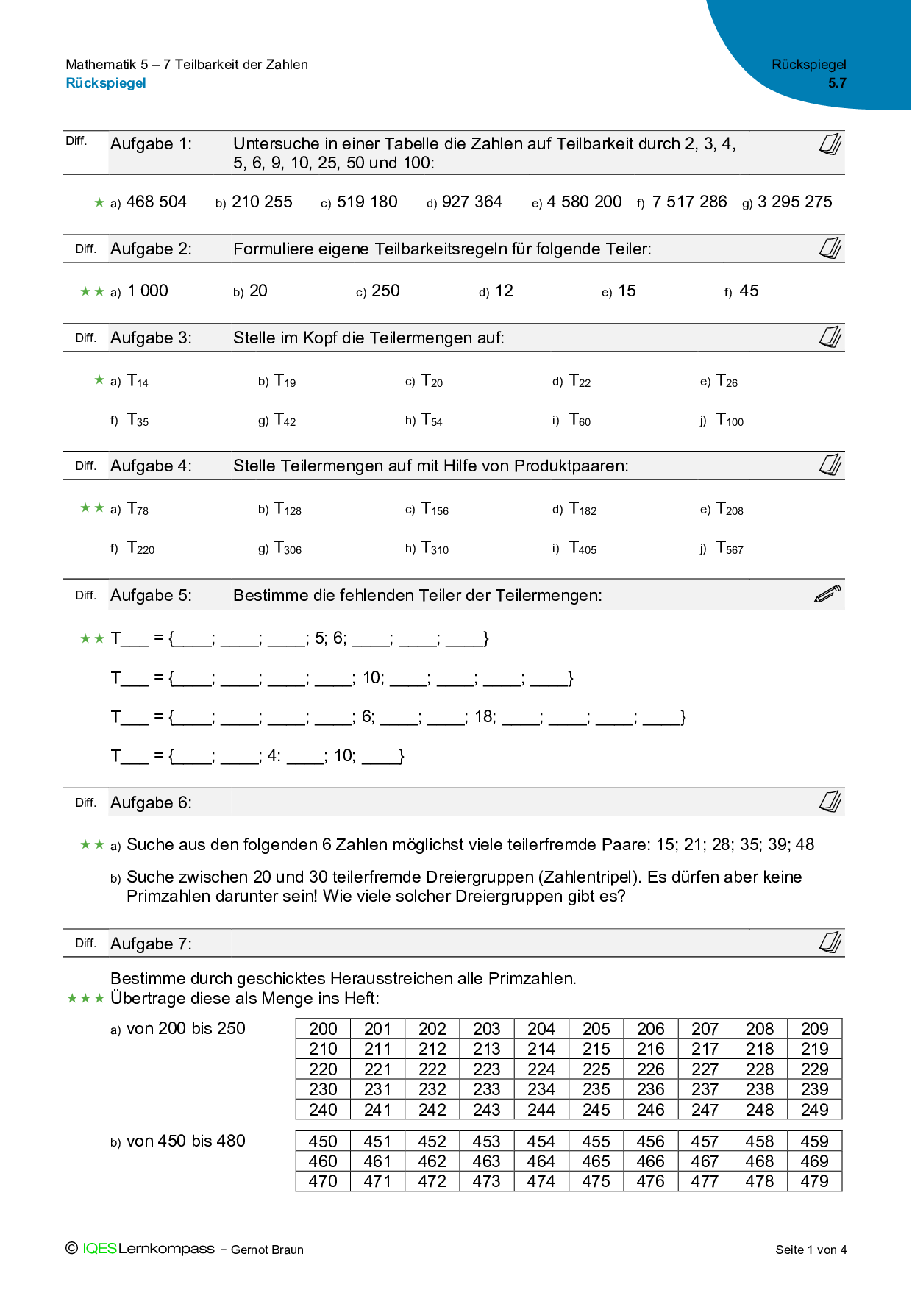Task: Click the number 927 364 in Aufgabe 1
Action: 471,202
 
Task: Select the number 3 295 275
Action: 794,202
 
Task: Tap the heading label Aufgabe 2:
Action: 151,249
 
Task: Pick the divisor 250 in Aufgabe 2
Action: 385,291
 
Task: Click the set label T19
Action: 285,381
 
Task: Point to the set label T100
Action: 730,421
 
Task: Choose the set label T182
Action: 583,509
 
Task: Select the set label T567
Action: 730,549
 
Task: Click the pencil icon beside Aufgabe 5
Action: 827,594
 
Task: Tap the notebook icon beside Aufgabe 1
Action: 830,144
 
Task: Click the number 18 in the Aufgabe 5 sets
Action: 485,717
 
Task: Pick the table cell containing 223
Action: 486,1069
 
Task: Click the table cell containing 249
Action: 814,1110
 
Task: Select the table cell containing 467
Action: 705,1162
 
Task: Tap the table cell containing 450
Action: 323,1142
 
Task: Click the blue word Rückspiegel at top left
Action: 106,83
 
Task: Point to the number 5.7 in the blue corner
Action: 837,83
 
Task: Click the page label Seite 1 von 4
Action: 811,1250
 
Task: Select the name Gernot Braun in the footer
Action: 267,1250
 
